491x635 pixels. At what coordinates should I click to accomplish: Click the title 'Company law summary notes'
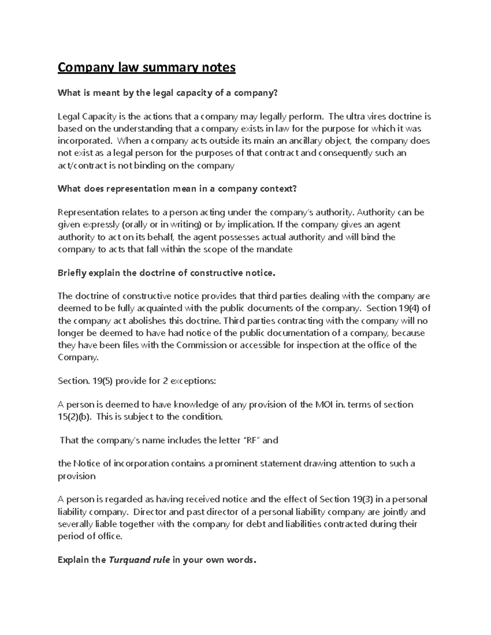tap(146, 67)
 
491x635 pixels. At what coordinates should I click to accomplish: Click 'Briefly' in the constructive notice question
tap(72, 273)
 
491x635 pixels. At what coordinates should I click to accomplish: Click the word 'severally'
tap(75, 524)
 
